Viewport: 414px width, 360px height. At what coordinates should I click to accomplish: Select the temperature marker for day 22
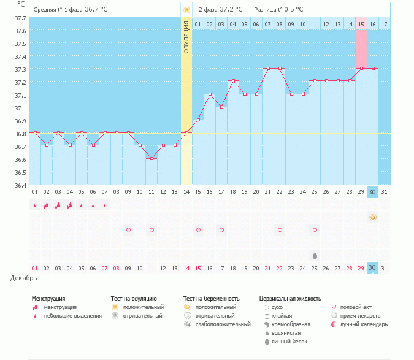(280, 69)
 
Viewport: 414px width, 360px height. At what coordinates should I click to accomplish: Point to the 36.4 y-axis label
(21, 185)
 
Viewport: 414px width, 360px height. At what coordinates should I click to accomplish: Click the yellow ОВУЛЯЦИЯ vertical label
(186, 36)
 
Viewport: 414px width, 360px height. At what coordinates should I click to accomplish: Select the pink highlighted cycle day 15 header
(361, 24)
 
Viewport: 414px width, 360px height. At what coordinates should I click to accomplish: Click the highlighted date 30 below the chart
(372, 192)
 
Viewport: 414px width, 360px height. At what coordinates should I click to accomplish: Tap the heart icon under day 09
(128, 230)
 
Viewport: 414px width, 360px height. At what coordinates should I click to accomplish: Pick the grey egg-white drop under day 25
(315, 255)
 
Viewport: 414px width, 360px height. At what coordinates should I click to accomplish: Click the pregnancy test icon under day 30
(372, 217)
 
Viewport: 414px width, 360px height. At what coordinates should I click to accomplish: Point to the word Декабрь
(23, 278)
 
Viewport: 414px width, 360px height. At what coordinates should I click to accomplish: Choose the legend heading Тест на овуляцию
(134, 298)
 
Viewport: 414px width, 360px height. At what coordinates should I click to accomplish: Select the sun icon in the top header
(186, 10)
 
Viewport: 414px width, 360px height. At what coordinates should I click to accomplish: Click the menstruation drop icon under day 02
(46, 205)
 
